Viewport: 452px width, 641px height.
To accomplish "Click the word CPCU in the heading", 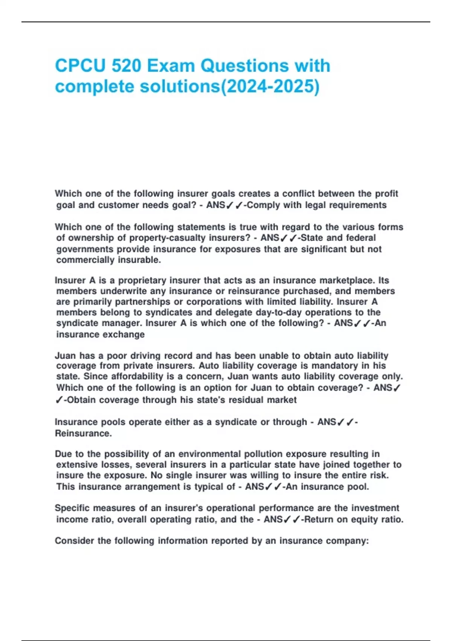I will pos(80,66).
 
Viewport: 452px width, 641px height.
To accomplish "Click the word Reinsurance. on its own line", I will pos(83,433).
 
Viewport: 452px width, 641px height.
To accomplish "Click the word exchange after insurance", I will pos(126,334).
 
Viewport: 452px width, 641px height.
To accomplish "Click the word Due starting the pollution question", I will pos(63,454).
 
